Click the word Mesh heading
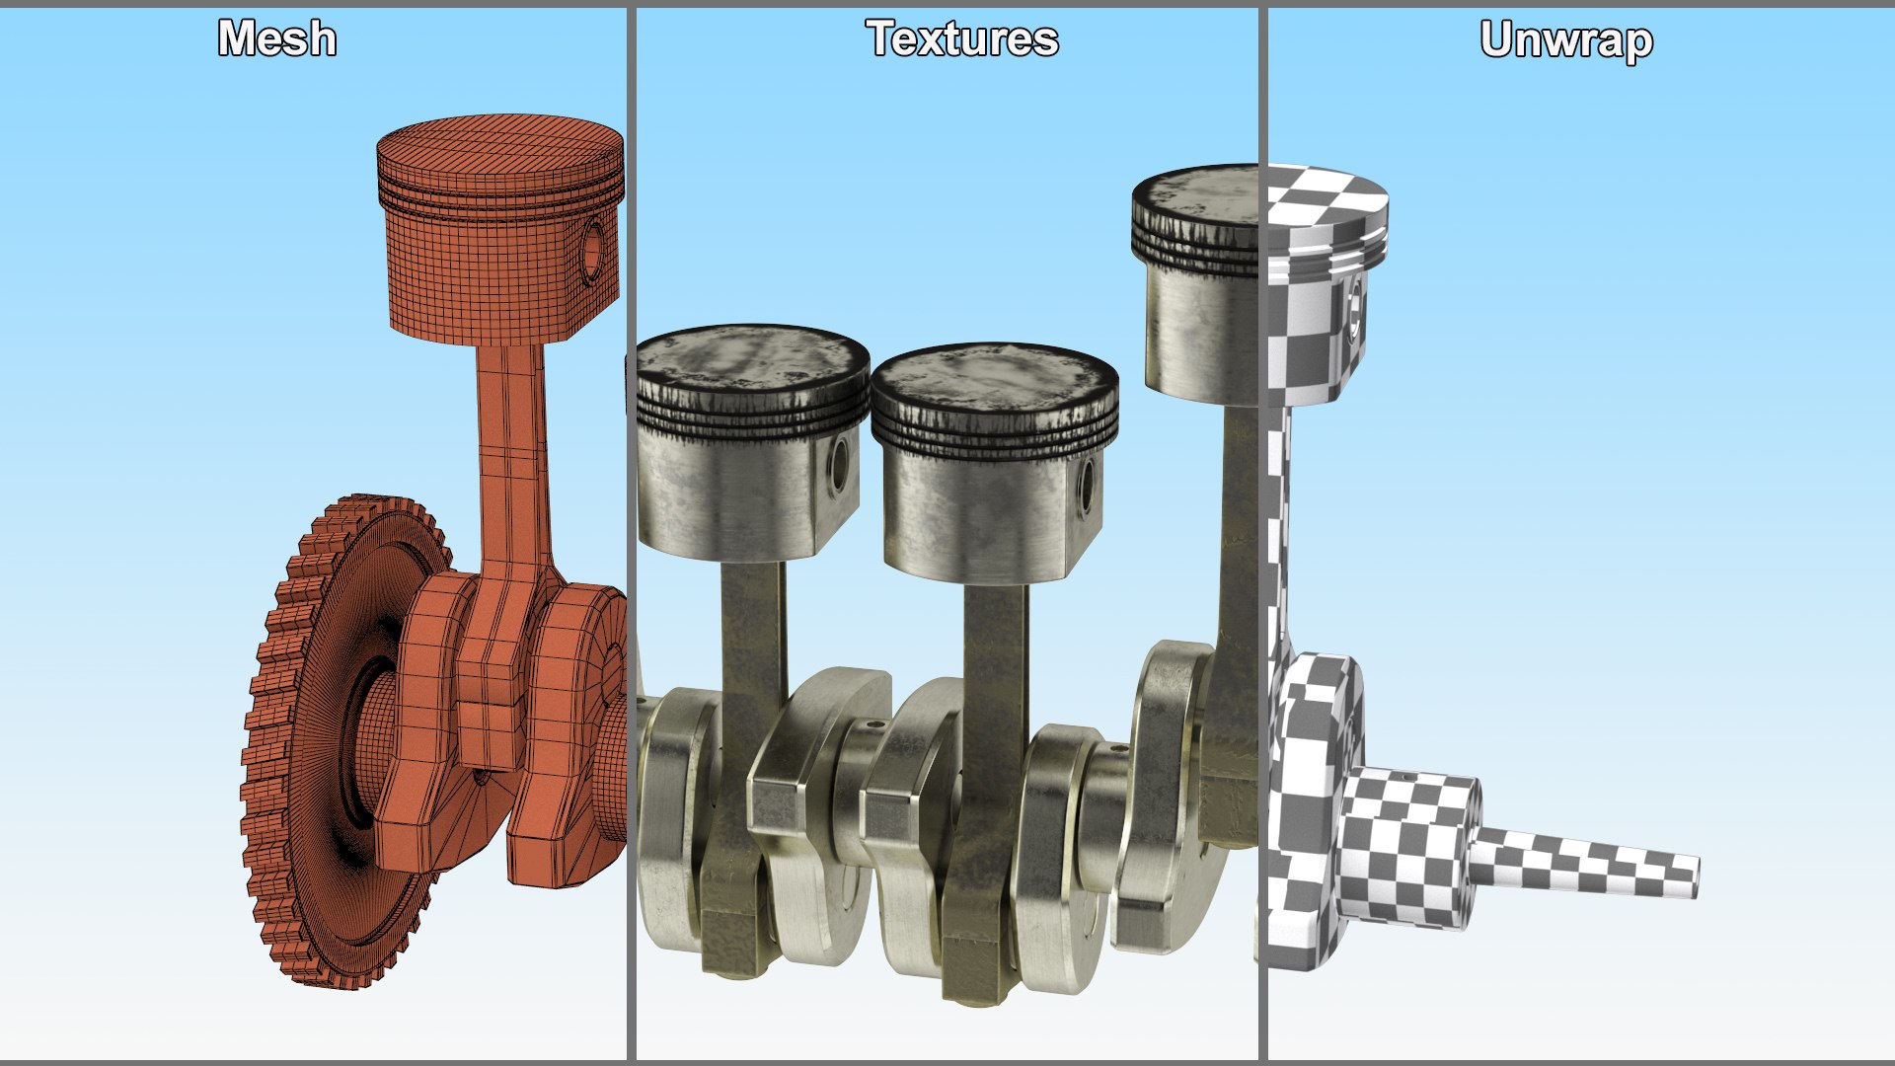[x=277, y=39]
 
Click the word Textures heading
[x=962, y=39]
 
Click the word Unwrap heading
[x=1566, y=40]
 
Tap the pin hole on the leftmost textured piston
[x=840, y=467]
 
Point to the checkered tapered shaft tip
[x=1589, y=861]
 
